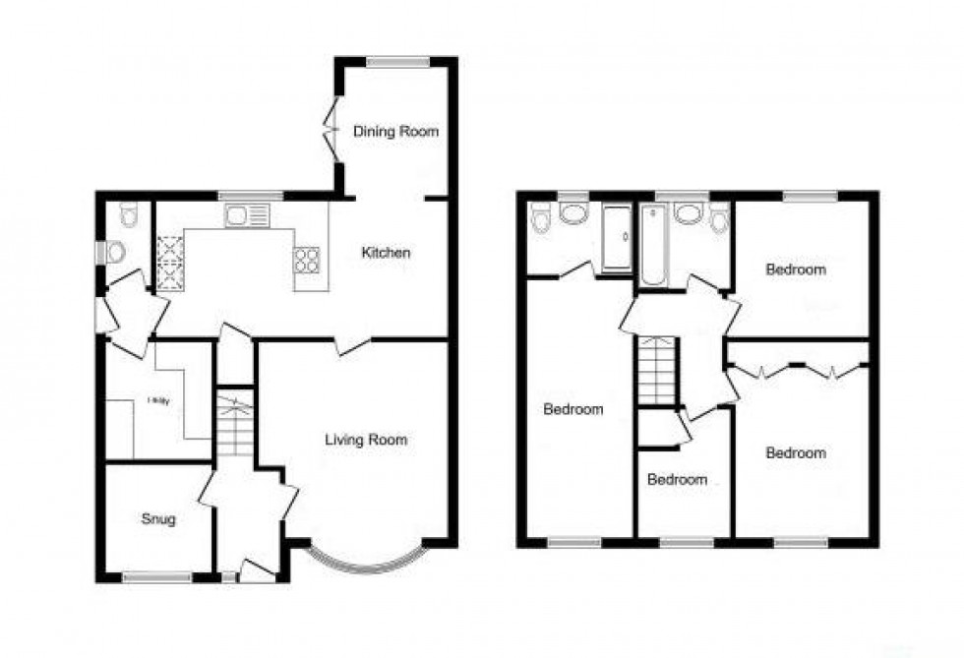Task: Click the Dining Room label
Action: pos(395,132)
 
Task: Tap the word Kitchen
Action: pos(386,253)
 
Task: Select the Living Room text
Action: pos(366,440)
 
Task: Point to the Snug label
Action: pos(157,519)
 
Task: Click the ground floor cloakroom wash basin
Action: pos(113,253)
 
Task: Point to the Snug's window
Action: pos(156,577)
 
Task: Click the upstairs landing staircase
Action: pos(656,370)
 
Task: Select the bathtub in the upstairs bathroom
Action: pos(652,245)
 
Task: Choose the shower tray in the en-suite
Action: pos(617,237)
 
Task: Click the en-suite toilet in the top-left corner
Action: pos(539,219)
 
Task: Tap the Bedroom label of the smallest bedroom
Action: pos(677,480)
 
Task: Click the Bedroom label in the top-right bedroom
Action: pos(796,269)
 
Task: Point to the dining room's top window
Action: pos(397,63)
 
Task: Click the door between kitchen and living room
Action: pos(350,344)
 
